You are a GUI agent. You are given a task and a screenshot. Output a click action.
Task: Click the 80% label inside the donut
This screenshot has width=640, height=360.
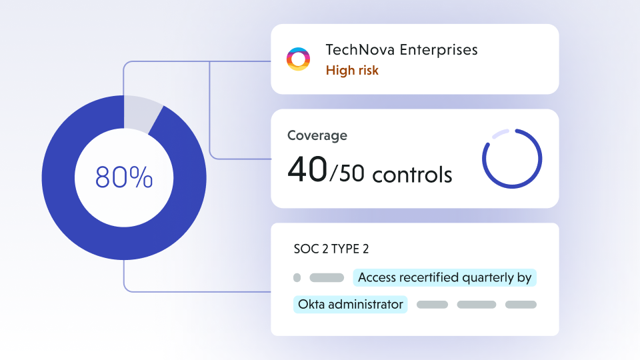tap(124, 177)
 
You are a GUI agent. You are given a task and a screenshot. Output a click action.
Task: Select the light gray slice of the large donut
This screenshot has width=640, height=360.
tap(141, 112)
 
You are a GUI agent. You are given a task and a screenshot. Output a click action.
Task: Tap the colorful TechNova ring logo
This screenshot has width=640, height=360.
tap(298, 59)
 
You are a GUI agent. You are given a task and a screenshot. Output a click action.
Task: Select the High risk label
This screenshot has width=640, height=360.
tap(352, 70)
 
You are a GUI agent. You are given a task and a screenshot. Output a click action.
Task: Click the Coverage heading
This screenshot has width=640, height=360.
tap(317, 135)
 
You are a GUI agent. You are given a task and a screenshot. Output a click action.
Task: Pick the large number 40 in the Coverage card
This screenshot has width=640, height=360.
tap(307, 171)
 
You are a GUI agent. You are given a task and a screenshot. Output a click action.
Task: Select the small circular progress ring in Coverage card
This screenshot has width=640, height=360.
tap(512, 159)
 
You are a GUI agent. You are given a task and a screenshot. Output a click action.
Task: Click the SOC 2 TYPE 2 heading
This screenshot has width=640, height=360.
tap(331, 249)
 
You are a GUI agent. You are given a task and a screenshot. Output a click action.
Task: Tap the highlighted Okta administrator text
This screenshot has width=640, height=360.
tap(351, 305)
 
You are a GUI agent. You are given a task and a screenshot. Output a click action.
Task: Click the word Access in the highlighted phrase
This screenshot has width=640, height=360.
tap(377, 278)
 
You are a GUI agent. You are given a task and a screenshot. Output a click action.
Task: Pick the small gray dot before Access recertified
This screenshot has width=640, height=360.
tap(297, 278)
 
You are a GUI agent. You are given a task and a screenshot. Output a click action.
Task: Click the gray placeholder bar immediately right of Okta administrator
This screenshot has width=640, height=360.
tap(432, 305)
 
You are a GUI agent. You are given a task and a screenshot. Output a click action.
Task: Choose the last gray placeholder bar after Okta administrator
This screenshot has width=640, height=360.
tap(521, 305)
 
